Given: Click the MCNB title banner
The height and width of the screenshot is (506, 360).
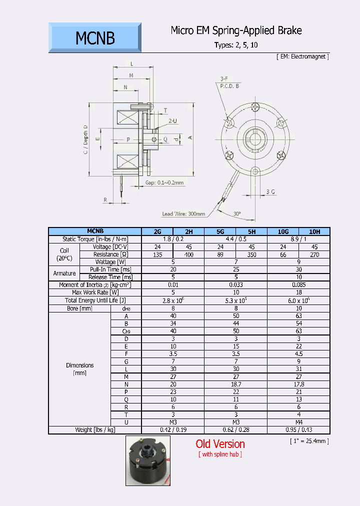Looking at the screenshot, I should [x=95, y=38].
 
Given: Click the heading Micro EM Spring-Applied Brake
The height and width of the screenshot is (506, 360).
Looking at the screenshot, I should [x=236, y=31].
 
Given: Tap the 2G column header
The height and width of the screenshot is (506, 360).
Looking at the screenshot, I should [x=157, y=231].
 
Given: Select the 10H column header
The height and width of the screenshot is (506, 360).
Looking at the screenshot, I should [x=314, y=231].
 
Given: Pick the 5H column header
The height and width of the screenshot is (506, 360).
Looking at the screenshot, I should [x=251, y=231].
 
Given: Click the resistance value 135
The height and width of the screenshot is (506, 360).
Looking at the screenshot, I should [x=157, y=254].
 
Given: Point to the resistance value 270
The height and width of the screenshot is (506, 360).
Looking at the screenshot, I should [x=314, y=254].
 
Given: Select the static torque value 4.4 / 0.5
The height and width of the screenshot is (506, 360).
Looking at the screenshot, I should [x=236, y=239].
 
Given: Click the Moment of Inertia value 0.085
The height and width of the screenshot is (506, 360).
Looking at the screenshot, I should [x=298, y=285].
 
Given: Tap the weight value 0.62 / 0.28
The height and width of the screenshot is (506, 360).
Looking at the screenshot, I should [x=236, y=429].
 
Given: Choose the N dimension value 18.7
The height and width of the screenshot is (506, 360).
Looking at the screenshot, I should [x=236, y=384].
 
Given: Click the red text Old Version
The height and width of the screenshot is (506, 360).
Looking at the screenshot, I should [x=220, y=444].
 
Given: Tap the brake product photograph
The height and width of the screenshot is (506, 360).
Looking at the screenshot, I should [x=147, y=460].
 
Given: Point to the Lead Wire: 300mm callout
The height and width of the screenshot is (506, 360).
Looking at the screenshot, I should [x=183, y=214].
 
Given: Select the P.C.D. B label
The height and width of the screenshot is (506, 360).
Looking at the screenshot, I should [x=229, y=86].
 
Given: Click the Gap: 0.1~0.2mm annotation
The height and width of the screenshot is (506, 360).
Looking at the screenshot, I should [x=164, y=183].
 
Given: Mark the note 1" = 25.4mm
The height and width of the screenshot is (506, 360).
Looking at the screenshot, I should [x=309, y=441].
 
